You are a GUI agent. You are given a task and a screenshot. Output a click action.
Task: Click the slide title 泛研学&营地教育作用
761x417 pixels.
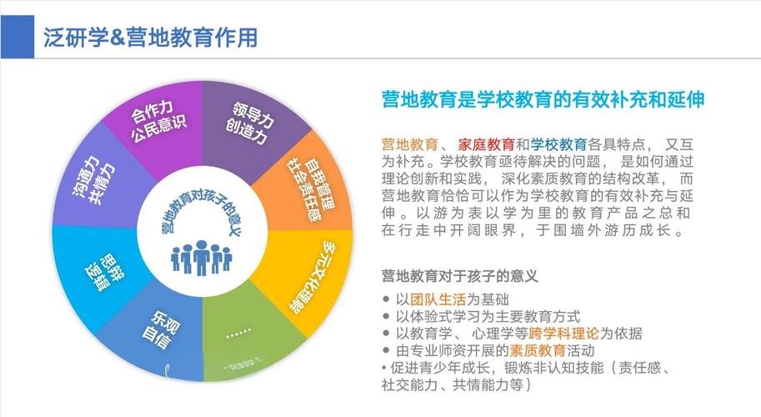pyautogui.click(x=150, y=38)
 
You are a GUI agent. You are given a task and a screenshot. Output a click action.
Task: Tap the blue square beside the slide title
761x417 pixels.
pyautogui.click(x=17, y=38)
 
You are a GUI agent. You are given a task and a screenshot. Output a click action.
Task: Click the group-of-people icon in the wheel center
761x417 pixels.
pyautogui.click(x=199, y=258)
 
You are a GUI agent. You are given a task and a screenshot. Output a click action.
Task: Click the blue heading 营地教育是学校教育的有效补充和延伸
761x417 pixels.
pyautogui.click(x=543, y=100)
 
